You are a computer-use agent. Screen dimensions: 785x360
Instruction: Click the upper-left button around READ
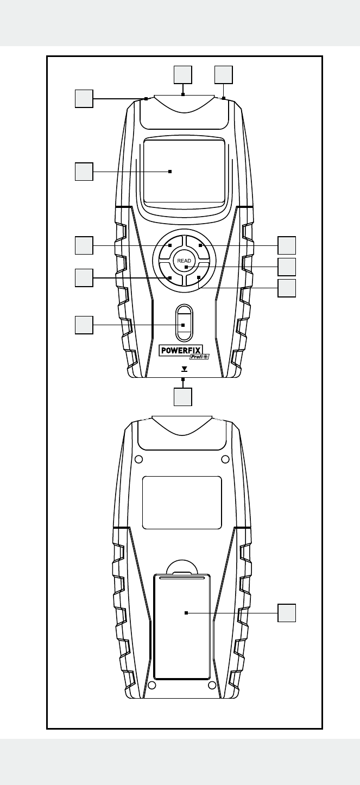click(169, 247)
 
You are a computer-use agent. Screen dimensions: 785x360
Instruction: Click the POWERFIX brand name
click(181, 350)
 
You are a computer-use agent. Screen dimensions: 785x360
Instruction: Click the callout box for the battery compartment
click(287, 613)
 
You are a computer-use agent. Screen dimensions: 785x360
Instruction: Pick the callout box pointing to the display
click(84, 172)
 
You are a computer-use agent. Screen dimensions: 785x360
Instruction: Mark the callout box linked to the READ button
click(287, 267)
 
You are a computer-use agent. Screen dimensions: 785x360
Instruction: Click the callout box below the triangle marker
click(183, 396)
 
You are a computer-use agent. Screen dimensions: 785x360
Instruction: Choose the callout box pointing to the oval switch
click(84, 325)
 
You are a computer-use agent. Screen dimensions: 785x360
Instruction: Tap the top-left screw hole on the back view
click(138, 459)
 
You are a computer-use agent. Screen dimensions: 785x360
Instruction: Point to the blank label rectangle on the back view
click(182, 502)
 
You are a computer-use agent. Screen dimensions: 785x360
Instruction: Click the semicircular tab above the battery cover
click(182, 566)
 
